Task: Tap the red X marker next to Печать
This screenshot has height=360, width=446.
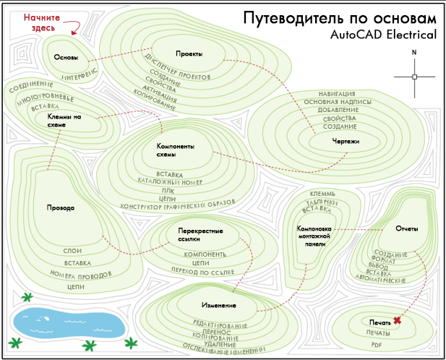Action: (398, 320)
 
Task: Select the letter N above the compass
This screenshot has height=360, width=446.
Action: (414, 52)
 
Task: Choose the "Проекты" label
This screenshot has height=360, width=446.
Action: (188, 54)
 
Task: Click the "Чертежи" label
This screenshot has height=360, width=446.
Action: (346, 141)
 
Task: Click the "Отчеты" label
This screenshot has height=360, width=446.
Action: (407, 228)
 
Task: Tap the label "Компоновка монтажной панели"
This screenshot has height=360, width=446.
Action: (314, 236)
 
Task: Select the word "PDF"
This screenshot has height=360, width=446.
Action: (376, 345)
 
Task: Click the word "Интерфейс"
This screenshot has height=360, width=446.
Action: (80, 74)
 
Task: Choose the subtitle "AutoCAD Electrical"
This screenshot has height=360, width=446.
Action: (383, 34)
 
